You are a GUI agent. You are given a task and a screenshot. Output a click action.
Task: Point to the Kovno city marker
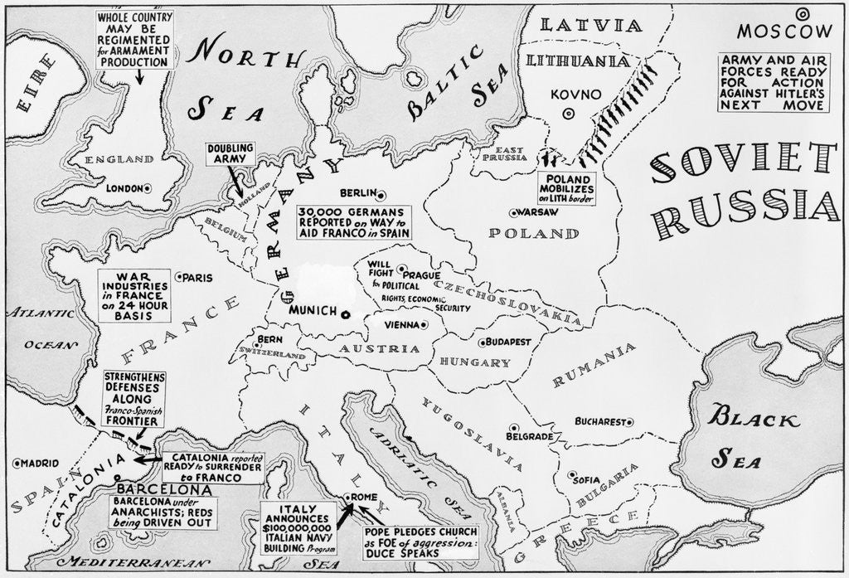pyautogui.click(x=568, y=114)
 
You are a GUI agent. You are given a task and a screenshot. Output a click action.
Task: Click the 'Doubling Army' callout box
pyautogui.click(x=231, y=153)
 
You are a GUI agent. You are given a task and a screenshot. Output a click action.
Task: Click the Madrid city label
pyautogui.click(x=40, y=462)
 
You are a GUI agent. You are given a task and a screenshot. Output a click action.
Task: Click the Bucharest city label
pyautogui.click(x=598, y=421)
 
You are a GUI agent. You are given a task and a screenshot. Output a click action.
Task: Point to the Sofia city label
pyautogui.click(x=585, y=480)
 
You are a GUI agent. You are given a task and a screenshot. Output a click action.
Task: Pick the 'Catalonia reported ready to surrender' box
pyautogui.click(x=216, y=468)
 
